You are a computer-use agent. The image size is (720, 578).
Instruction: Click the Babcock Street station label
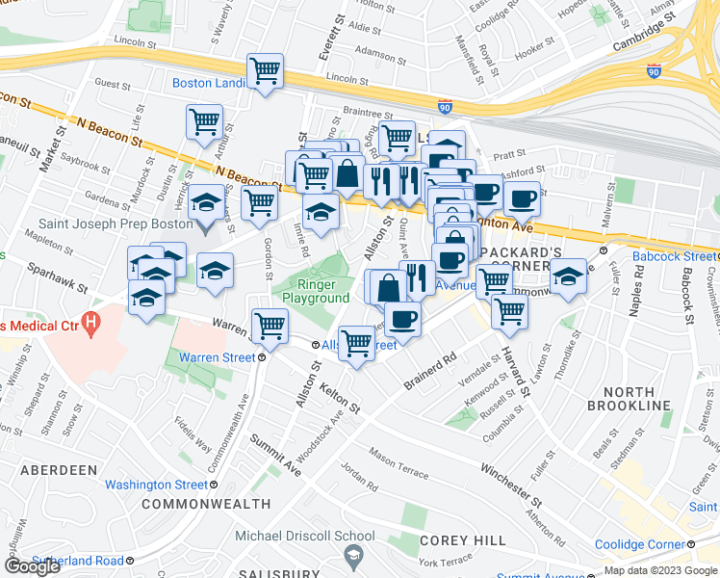click(675, 256)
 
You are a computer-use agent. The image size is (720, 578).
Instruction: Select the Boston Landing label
click(209, 83)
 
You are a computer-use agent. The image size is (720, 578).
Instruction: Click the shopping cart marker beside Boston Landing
click(264, 70)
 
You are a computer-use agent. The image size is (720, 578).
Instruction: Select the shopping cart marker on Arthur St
click(204, 122)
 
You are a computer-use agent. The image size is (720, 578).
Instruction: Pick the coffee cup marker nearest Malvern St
click(521, 199)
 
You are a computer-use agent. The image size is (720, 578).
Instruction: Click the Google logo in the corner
click(32, 565)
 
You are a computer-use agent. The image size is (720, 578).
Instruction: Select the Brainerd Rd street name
click(429, 372)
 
